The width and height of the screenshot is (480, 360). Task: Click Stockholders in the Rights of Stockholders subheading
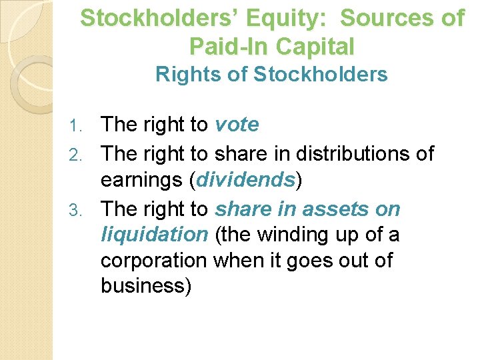(321, 75)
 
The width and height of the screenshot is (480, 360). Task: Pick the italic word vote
(237, 125)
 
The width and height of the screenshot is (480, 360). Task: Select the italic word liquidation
(154, 235)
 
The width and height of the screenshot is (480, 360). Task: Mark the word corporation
(154, 260)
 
